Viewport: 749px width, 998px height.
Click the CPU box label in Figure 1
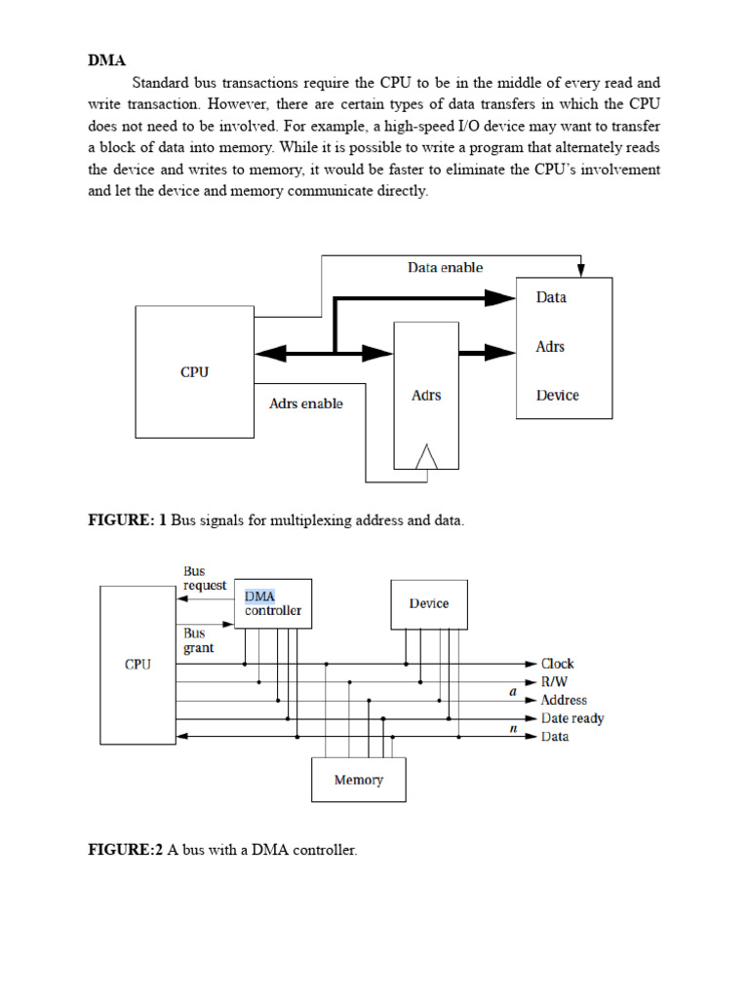(x=195, y=371)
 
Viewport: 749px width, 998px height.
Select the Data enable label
(x=445, y=267)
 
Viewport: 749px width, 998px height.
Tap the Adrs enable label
(x=305, y=403)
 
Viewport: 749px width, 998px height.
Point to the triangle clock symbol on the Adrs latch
(x=427, y=455)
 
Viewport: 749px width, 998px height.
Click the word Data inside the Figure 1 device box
(x=551, y=297)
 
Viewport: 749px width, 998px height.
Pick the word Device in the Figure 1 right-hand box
(x=557, y=395)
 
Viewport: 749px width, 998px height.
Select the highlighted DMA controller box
(x=273, y=603)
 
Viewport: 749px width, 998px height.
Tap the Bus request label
(x=204, y=578)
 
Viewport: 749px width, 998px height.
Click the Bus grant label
(x=198, y=640)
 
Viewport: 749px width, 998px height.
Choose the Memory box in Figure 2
(x=358, y=780)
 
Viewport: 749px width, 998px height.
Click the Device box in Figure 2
(x=429, y=603)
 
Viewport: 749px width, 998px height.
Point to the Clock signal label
(x=558, y=664)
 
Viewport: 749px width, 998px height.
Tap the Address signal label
(x=564, y=700)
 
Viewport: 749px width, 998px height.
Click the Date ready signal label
(x=572, y=718)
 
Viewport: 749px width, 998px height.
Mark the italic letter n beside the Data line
(x=512, y=727)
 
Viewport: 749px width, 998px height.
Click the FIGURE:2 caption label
(x=126, y=851)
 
